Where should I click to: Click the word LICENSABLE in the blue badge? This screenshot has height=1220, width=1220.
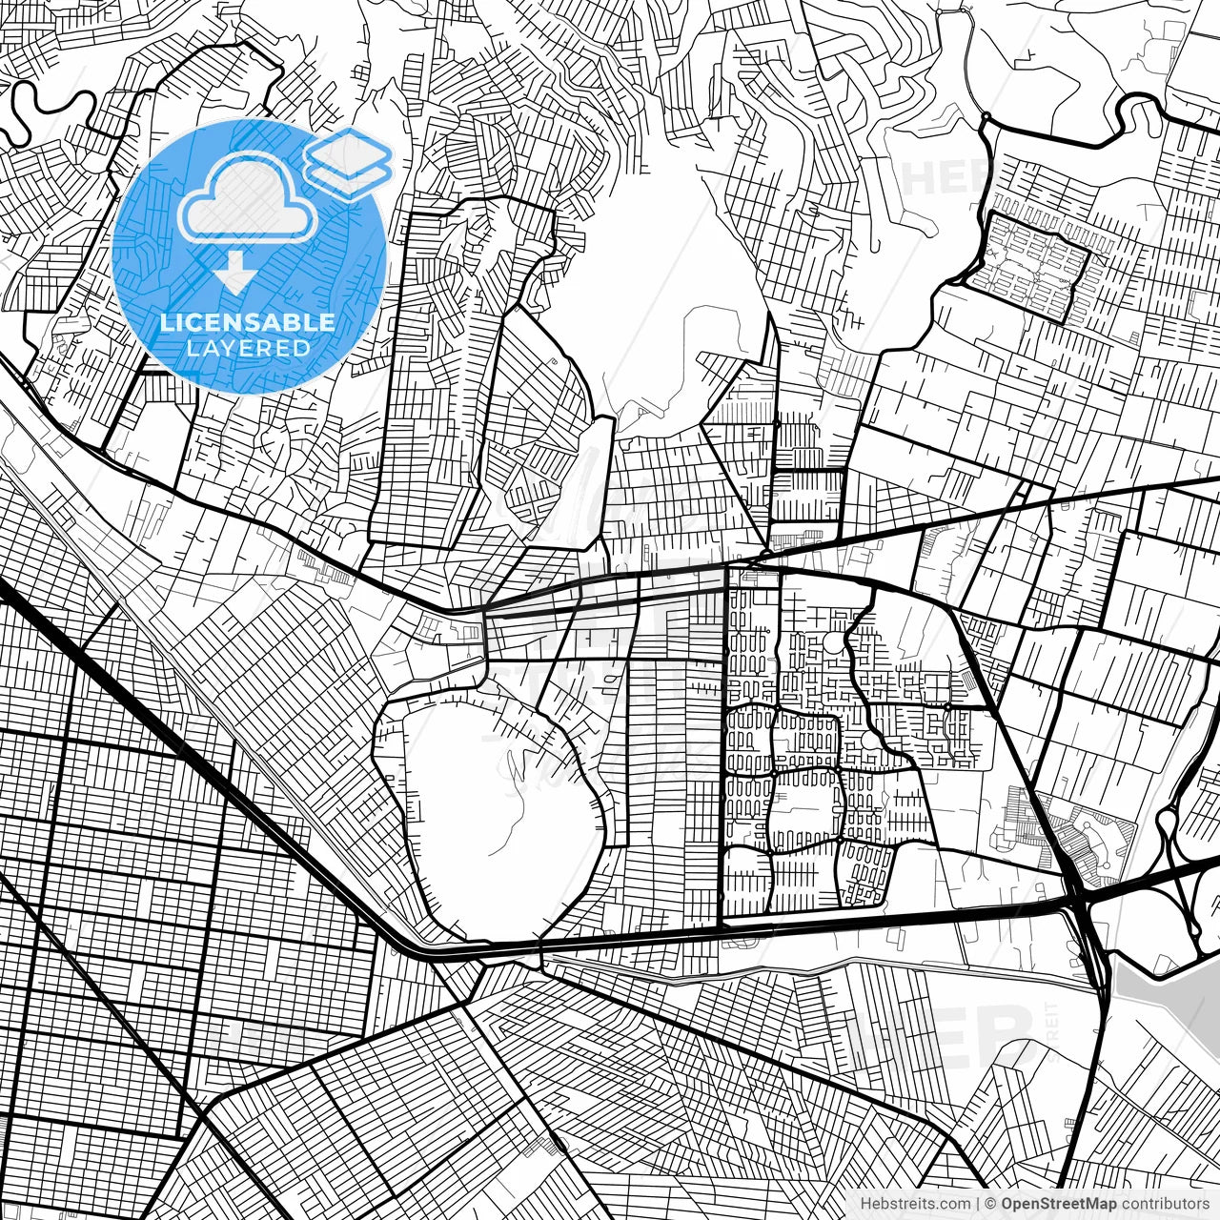(248, 322)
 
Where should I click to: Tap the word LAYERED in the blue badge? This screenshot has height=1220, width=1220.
(248, 349)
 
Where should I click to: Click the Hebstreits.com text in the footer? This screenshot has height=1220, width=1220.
(914, 1204)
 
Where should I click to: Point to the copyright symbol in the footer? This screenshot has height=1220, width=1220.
(991, 1204)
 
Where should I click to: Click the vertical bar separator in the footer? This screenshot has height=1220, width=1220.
(979, 1204)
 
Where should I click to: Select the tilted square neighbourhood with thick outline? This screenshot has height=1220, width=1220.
(1027, 265)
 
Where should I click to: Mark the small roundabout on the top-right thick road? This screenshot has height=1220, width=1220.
(985, 119)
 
